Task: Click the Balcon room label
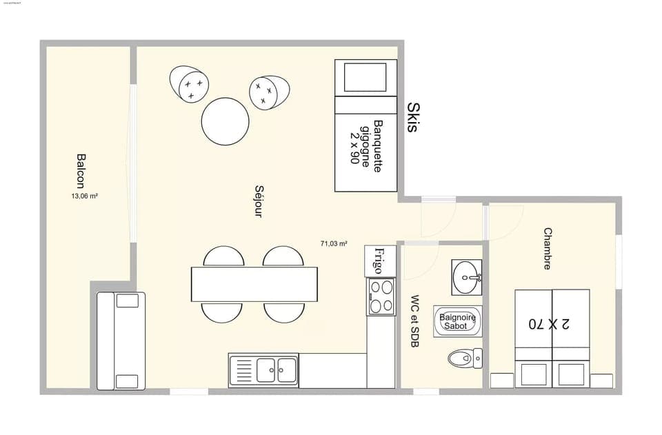coord(81,171)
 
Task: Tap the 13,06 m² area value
coord(84,196)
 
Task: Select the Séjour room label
coord(259,201)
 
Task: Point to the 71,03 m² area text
coord(333,243)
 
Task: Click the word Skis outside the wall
coord(413,117)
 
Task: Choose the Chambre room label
coord(548,248)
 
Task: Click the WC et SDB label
coord(415,321)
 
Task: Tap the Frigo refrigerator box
coord(380,261)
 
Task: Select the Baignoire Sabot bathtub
coord(457,321)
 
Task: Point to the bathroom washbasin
coord(468,277)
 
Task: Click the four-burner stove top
coord(381,296)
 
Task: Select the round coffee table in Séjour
coord(225,121)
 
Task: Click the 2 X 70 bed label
coord(552,322)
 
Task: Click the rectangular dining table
coord(254,284)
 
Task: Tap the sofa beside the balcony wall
coord(121,341)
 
